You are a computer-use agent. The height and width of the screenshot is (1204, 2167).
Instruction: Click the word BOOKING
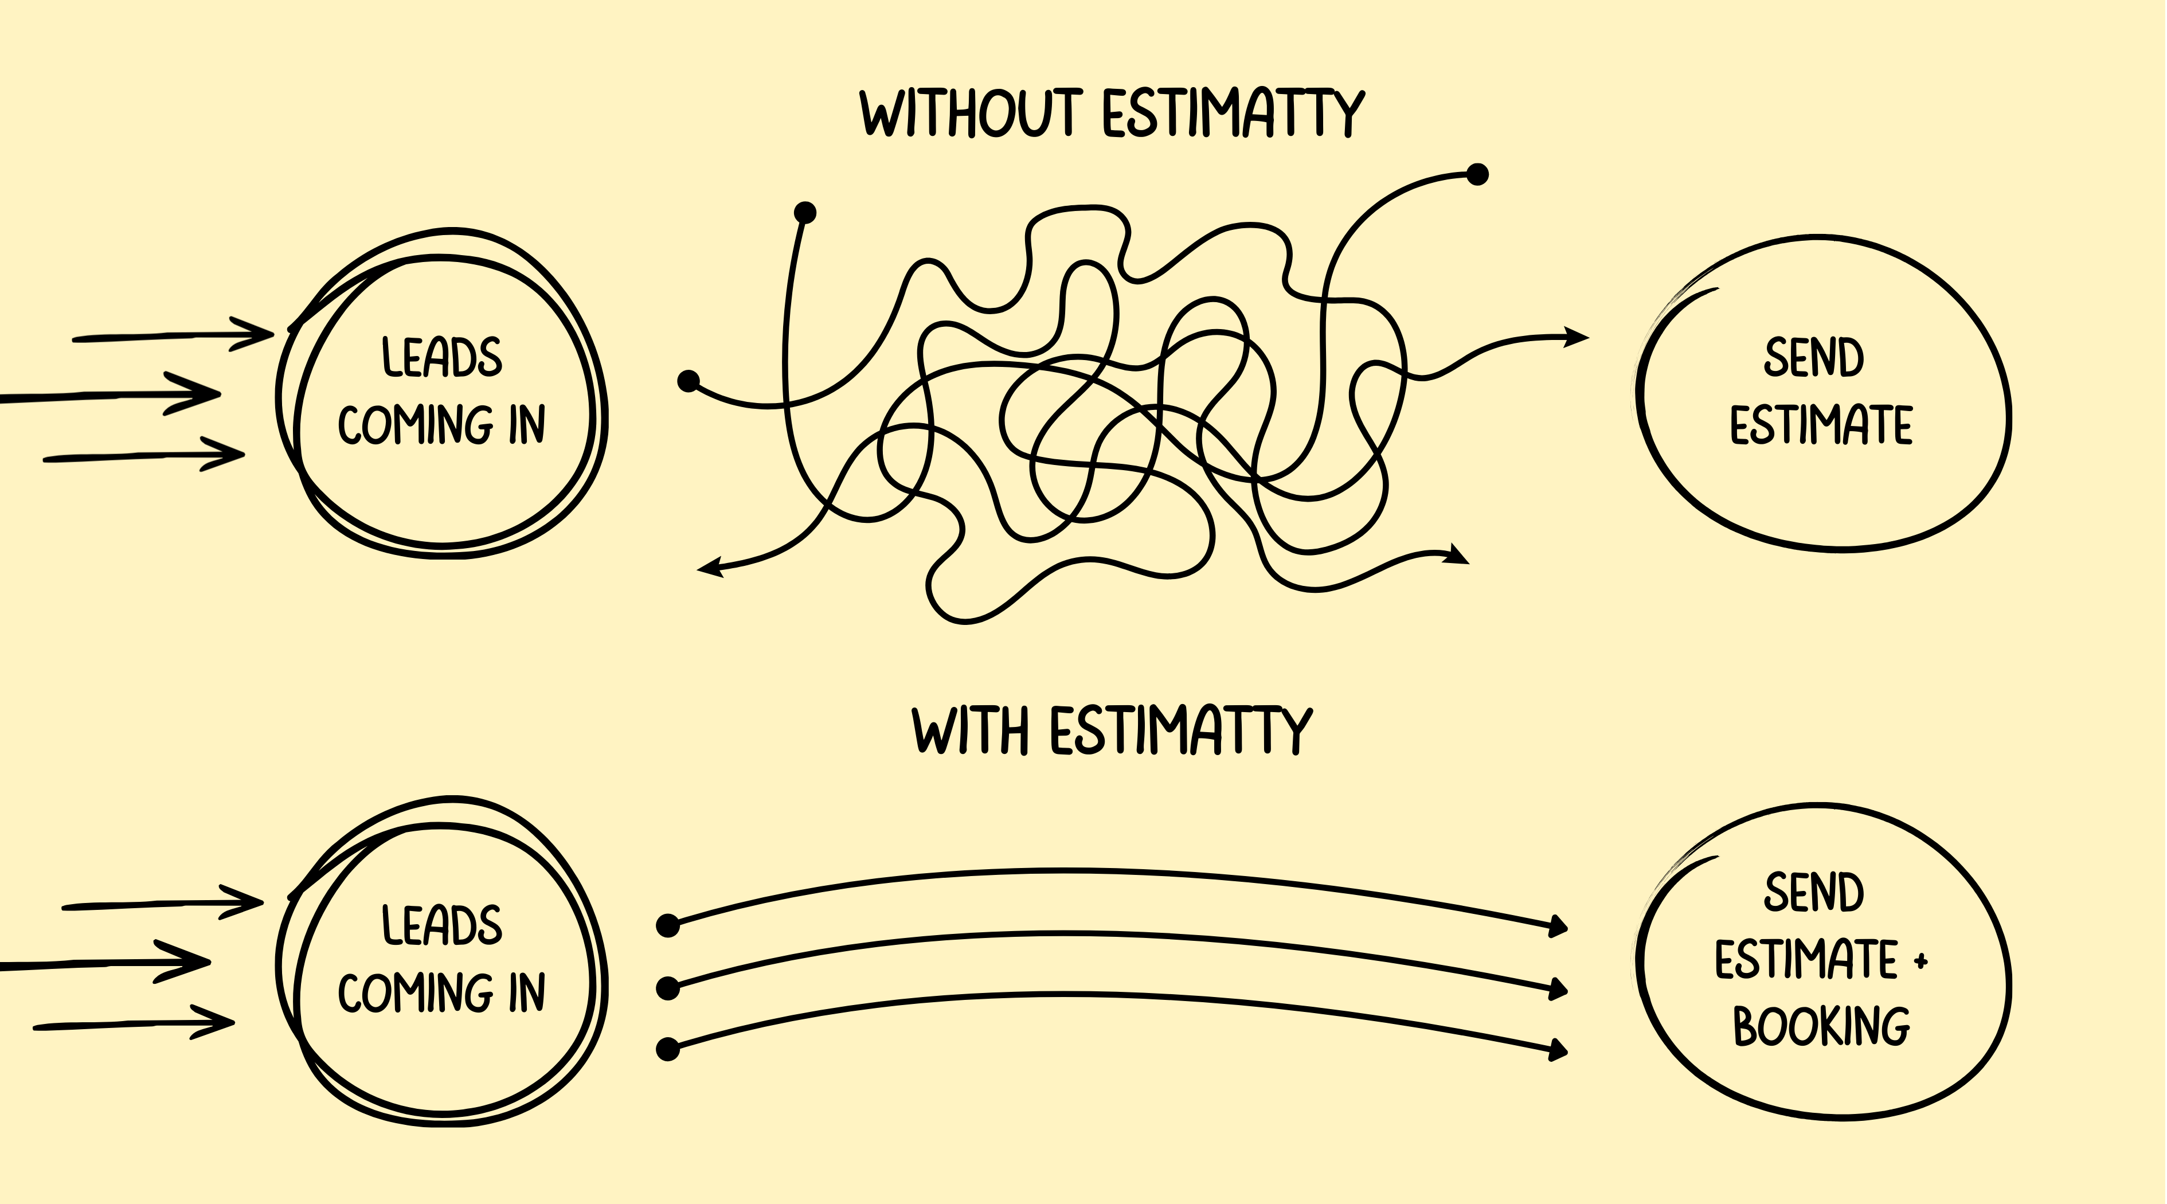1821,1026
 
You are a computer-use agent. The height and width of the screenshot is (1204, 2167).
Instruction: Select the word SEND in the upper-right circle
1814,358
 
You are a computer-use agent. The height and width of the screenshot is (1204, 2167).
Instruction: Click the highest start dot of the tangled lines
1477,175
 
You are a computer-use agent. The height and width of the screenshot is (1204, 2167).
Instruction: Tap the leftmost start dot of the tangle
688,381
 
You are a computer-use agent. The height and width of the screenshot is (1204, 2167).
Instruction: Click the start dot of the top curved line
667,925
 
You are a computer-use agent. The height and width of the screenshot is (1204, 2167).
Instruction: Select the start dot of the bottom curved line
667,1049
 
